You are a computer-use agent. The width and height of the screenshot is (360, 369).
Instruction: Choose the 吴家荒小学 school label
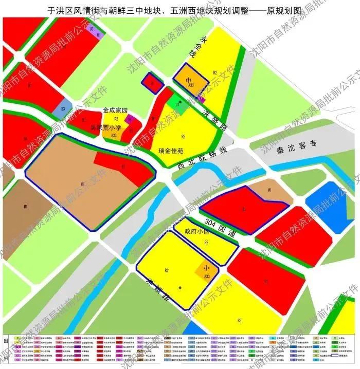point(105,127)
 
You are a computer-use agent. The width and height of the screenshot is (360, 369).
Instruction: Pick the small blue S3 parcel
point(63,109)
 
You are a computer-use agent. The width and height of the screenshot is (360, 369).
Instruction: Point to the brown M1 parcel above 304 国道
point(269,191)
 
